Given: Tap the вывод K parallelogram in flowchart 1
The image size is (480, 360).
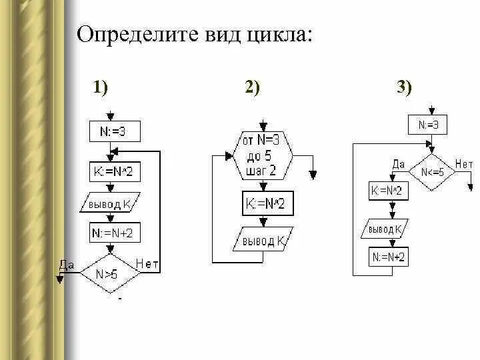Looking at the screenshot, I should point(115,203).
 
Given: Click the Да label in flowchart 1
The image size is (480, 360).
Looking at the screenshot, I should point(67,265).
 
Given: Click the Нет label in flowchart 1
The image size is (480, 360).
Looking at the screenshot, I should point(147,265).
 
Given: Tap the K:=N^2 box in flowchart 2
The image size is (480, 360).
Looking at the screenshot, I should point(265,204).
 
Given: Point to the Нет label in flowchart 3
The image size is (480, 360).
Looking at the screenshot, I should point(464,163).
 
